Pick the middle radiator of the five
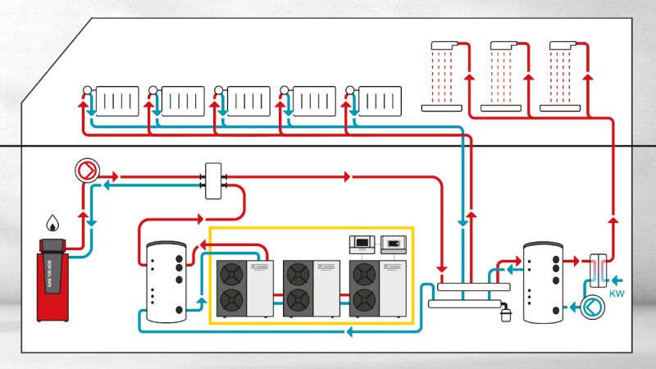pos(244,101)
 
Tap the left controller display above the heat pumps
pos(361,241)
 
